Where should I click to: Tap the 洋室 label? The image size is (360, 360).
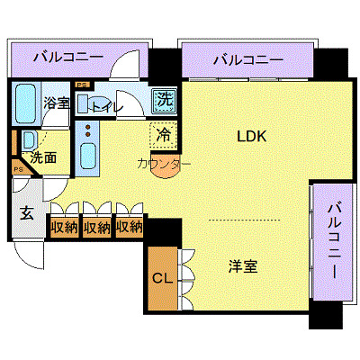click(243, 266)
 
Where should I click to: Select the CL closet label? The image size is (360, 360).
click(163, 277)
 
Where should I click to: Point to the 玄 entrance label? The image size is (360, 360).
click(27, 214)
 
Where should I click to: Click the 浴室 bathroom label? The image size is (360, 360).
click(57, 103)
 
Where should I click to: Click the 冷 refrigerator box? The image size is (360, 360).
click(163, 135)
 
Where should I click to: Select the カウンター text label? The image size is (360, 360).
click(164, 164)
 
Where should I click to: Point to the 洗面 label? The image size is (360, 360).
click(44, 157)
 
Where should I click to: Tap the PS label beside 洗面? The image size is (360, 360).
click(18, 168)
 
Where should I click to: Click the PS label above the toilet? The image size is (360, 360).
click(82, 85)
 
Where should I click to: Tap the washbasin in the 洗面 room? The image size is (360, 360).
click(28, 139)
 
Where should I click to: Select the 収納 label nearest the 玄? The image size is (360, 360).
click(63, 227)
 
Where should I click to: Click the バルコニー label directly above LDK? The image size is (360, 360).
click(248, 60)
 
